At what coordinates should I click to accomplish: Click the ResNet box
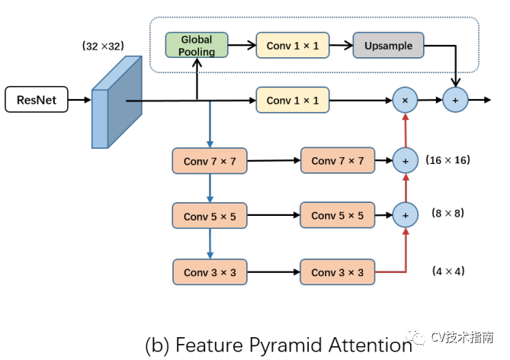point(37,100)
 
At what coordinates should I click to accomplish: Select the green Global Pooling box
point(197,45)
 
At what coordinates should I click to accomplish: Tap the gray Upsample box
point(388,45)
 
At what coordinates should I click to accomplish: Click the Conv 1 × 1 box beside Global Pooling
point(293,45)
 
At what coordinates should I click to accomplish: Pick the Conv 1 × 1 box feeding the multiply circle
point(293,100)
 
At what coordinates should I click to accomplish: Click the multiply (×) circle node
point(405,100)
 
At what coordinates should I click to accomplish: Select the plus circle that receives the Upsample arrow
point(455,100)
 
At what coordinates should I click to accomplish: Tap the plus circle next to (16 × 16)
point(406,160)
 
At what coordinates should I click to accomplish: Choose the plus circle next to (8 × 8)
point(406,215)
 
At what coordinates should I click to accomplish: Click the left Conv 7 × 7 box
point(210,161)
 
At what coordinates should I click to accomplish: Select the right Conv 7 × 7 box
point(338,160)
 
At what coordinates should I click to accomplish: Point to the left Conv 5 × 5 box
point(210,216)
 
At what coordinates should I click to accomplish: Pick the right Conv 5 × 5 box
point(337,215)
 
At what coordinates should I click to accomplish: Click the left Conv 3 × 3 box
point(210,272)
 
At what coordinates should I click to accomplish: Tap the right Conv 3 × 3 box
point(337,272)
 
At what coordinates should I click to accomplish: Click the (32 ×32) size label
point(103,46)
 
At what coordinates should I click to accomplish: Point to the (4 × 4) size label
point(448,271)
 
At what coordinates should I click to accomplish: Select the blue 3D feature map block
point(117,102)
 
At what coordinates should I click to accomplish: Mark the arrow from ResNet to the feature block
point(80,100)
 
